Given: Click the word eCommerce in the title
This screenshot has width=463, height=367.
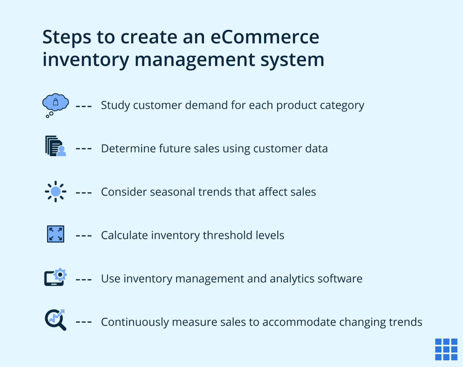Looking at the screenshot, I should click(x=265, y=37).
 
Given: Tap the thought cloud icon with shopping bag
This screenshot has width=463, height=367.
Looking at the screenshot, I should click(x=55, y=103).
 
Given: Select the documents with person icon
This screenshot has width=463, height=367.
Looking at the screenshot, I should click(x=55, y=146).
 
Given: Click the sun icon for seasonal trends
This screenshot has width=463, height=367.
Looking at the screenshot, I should click(x=55, y=191).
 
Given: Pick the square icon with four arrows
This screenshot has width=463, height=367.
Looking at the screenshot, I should click(x=55, y=234).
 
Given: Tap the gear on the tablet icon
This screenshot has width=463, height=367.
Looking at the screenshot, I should click(x=60, y=274).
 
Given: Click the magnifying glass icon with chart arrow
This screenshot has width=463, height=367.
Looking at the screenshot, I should click(x=55, y=320).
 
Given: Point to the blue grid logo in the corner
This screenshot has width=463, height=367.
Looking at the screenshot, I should click(x=446, y=349).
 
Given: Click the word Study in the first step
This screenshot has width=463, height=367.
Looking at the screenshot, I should click(x=115, y=105).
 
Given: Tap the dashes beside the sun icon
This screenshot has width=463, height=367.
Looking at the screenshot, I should click(x=83, y=193).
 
